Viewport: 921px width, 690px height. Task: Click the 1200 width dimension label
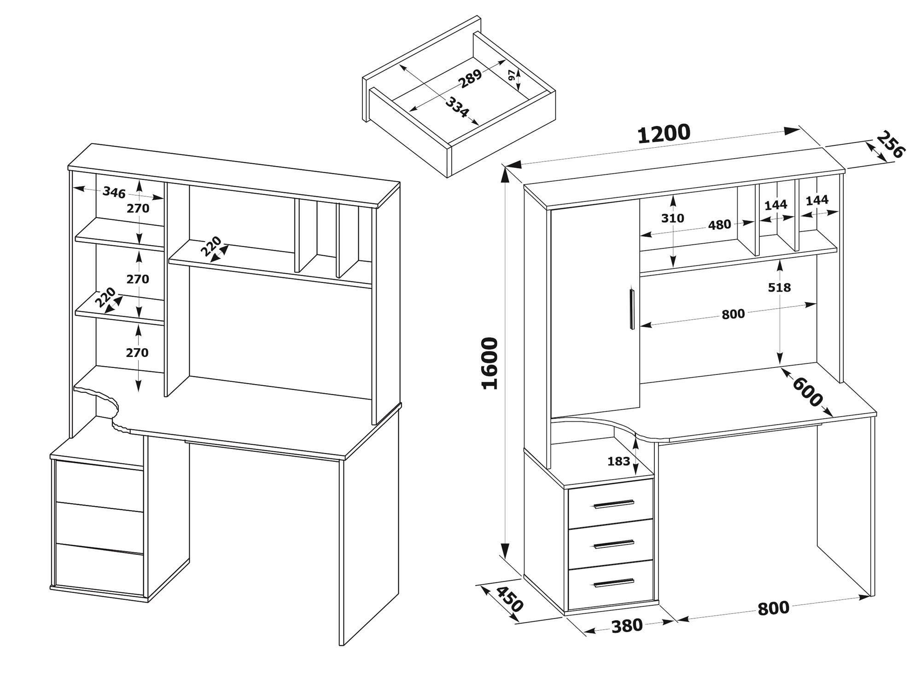pyautogui.click(x=664, y=134)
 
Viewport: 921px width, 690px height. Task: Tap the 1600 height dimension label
pyautogui.click(x=490, y=363)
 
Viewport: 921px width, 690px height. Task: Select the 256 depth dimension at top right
pyautogui.click(x=890, y=145)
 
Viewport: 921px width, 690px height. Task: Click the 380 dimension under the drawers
pyautogui.click(x=627, y=626)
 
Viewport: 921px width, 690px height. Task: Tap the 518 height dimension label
pyautogui.click(x=779, y=287)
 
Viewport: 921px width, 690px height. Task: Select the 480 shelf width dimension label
pyautogui.click(x=719, y=225)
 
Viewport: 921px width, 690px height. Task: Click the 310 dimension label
pyautogui.click(x=673, y=218)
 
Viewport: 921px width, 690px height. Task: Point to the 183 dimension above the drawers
pyautogui.click(x=618, y=461)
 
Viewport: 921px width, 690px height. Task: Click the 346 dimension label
pyautogui.click(x=114, y=192)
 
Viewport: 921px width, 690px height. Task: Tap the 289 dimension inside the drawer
pyautogui.click(x=470, y=79)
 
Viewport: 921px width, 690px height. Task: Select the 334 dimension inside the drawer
pyautogui.click(x=457, y=107)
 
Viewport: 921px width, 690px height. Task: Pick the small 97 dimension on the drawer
pyautogui.click(x=512, y=75)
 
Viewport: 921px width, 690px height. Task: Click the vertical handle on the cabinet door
pyautogui.click(x=631, y=309)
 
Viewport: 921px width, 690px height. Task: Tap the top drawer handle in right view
pyautogui.click(x=614, y=504)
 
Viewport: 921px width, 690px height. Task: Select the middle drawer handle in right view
pyautogui.click(x=614, y=544)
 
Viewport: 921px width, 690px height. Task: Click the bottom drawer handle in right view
pyautogui.click(x=614, y=583)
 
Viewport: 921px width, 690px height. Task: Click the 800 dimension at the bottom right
pyautogui.click(x=774, y=608)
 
